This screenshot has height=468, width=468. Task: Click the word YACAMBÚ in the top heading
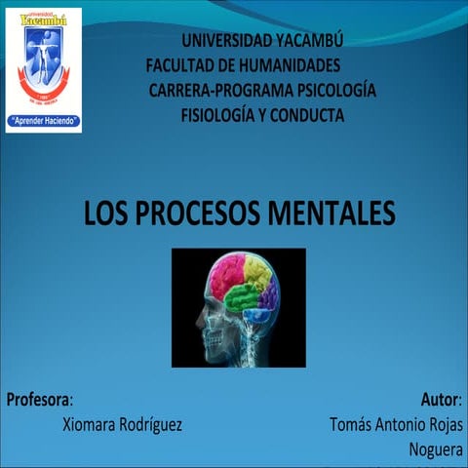pos(303,40)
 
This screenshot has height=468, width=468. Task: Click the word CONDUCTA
pos(308,115)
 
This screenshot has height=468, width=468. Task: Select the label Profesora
pos(38,400)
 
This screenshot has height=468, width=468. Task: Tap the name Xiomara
pos(94,425)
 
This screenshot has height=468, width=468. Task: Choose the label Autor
pos(441,400)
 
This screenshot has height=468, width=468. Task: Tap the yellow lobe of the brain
pos(257,269)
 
